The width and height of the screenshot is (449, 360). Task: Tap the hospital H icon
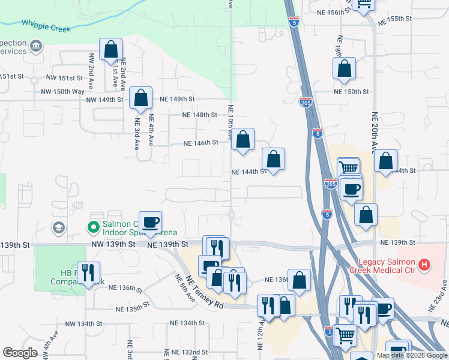pyautogui.click(x=424, y=264)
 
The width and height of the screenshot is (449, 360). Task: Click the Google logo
pyautogui.click(x=20, y=353)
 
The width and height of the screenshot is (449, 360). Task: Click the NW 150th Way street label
pyautogui.click(x=63, y=91)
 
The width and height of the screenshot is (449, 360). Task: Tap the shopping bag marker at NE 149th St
pyautogui.click(x=140, y=98)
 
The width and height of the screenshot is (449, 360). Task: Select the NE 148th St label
pyautogui.click(x=200, y=115)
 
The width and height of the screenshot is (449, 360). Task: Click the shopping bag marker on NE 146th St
pyautogui.click(x=243, y=140)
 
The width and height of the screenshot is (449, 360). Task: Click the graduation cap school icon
pyautogui.click(x=58, y=227)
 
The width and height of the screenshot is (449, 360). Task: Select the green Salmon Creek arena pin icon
pyautogui.click(x=93, y=227)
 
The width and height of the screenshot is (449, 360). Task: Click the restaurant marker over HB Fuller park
pyautogui.click(x=88, y=273)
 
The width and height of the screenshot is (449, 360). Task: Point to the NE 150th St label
pyautogui.click(x=351, y=91)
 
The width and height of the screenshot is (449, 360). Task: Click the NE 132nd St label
pyautogui.click(x=188, y=352)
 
